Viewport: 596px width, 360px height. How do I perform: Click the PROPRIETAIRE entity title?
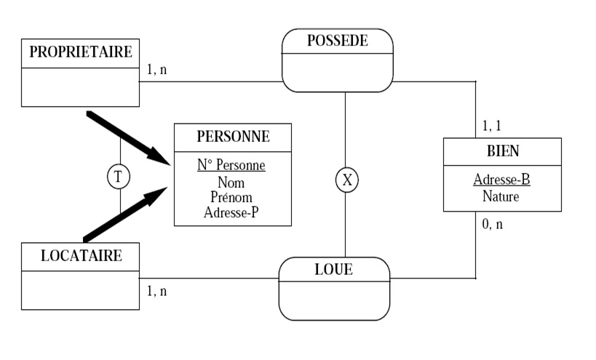click(80, 52)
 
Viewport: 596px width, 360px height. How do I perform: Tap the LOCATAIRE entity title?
click(80, 255)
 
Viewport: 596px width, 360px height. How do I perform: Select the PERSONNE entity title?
click(233, 136)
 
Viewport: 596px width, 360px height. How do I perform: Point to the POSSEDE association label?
click(337, 41)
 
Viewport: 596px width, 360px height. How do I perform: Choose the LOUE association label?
click(333, 269)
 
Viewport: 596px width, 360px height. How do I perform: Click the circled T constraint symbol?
click(119, 176)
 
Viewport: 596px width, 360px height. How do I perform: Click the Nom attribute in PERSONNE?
click(231, 183)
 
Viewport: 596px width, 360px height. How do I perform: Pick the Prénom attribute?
click(231, 197)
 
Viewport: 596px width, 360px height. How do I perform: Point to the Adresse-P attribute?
click(231, 213)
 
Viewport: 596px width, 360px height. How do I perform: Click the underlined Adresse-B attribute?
click(501, 179)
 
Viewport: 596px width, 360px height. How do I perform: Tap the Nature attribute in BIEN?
click(501, 196)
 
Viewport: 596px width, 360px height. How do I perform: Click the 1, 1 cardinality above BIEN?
click(492, 126)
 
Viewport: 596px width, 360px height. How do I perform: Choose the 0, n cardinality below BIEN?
click(492, 224)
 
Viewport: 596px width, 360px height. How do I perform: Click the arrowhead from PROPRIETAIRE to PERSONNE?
click(161, 155)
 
